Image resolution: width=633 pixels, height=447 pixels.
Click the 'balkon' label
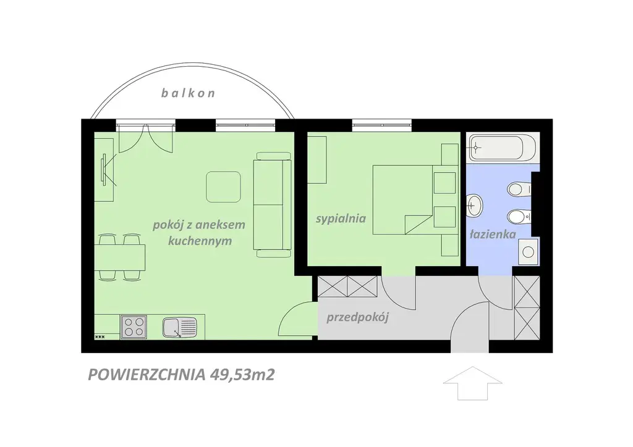coord(188,93)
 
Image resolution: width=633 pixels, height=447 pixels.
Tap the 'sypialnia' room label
coord(341,219)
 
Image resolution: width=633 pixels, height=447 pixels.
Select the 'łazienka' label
coord(493,234)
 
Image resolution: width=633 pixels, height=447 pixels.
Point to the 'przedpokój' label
coord(357,317)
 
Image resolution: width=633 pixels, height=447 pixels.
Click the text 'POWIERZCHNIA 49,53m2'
coord(181,374)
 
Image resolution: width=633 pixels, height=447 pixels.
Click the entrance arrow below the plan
coord(473,383)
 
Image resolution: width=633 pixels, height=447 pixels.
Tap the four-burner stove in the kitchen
coord(134,327)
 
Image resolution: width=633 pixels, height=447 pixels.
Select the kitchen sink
coord(180,327)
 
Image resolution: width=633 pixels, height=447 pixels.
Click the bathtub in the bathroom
coord(503,148)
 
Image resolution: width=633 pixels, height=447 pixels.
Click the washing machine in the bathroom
coord(528,251)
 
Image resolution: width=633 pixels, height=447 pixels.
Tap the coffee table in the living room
coord(223,186)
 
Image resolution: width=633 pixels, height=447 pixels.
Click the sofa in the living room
coord(272,204)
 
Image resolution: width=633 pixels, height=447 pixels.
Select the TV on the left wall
coord(104,169)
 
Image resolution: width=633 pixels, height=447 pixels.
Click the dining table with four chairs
coord(120,257)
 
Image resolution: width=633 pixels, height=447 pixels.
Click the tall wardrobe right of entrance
coord(527,308)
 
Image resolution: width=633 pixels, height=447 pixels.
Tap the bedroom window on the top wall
coord(382,125)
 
